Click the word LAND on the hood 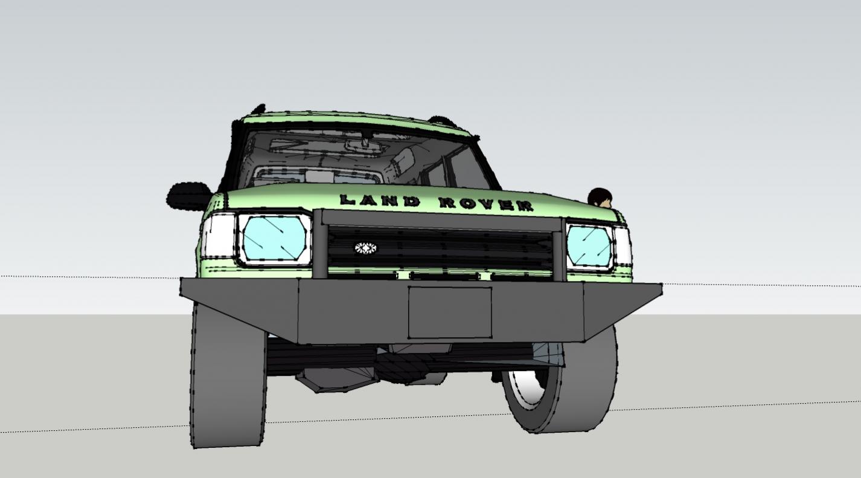click(380, 201)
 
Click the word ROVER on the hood click(486, 204)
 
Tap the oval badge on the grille click(365, 248)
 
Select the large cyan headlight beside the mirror click(275, 239)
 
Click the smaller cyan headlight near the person click(589, 247)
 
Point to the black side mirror click(189, 196)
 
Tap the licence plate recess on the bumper click(450, 312)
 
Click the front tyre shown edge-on click(228, 378)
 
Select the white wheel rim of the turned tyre click(527, 387)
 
